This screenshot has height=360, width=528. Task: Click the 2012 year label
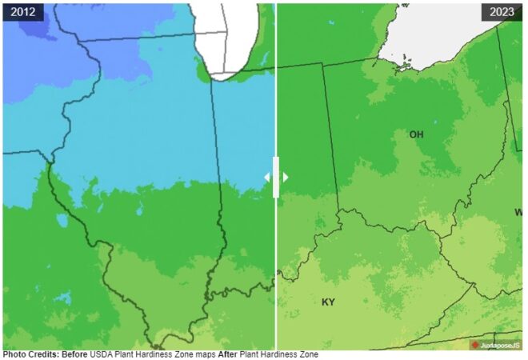point(22,12)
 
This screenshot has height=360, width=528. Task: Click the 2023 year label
point(502,12)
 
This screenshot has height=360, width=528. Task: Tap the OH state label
point(416,134)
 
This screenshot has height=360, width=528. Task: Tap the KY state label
point(328,302)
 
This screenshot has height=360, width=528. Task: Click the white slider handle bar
point(276,177)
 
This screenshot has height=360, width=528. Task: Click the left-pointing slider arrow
point(268,177)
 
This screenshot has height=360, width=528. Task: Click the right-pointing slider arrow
point(285,177)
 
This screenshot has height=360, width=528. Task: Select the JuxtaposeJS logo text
point(500,345)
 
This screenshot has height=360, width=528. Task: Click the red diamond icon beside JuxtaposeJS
point(475,345)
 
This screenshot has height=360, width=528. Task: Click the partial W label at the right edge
point(518,212)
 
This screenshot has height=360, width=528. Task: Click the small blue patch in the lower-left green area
point(62,298)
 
